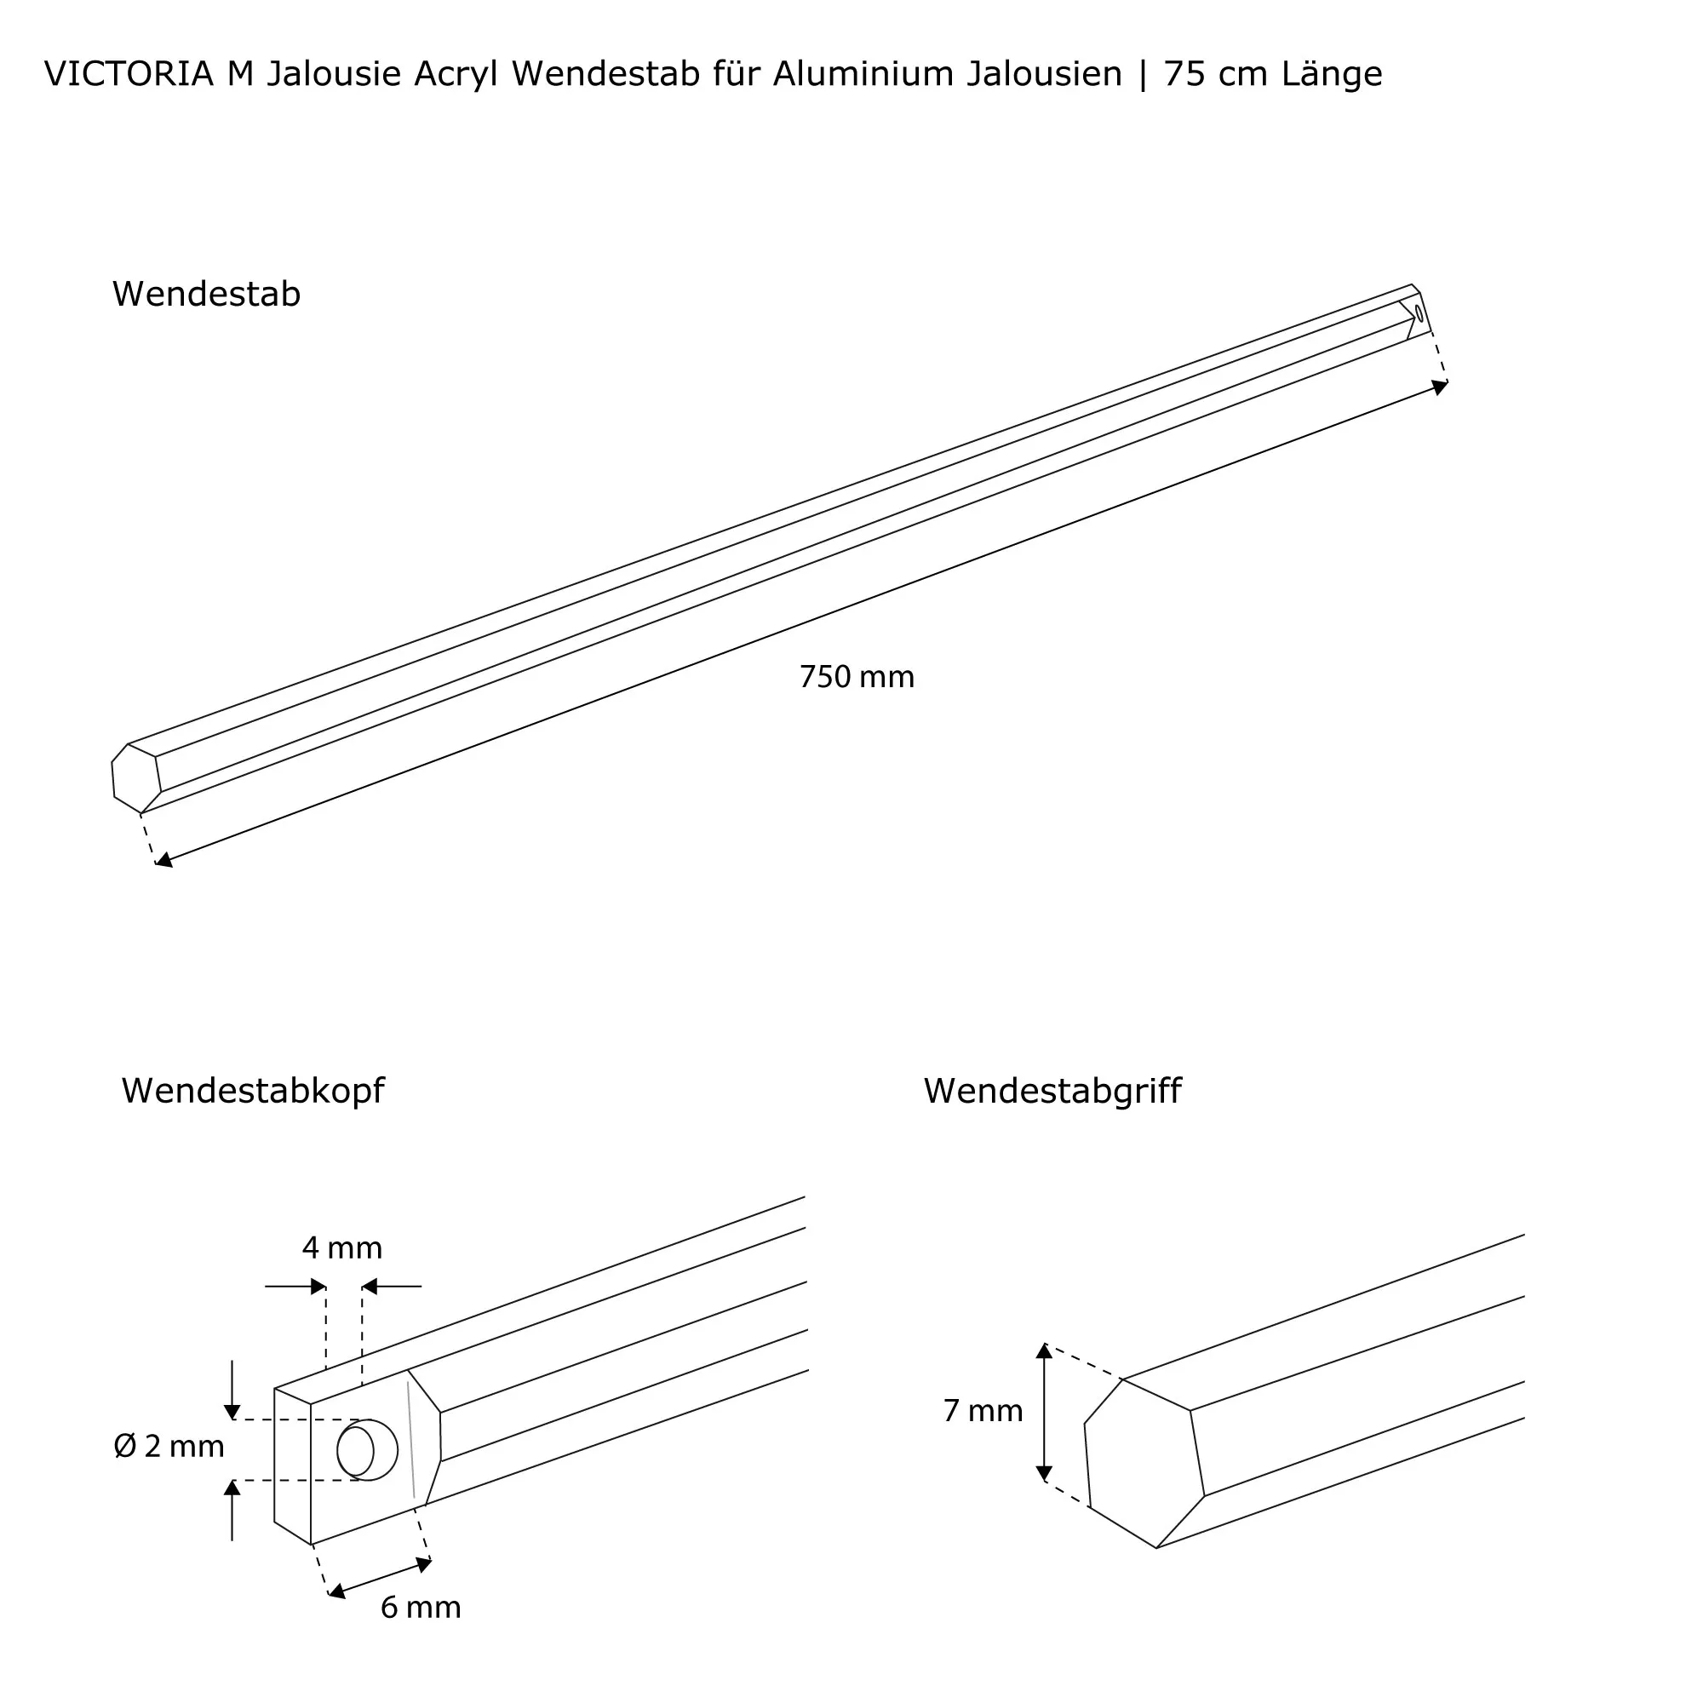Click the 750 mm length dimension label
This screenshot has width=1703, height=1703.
(x=856, y=677)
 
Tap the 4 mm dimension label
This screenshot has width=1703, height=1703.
(x=342, y=1248)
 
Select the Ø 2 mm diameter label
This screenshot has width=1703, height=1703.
(x=169, y=1447)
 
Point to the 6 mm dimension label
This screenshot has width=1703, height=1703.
(x=421, y=1608)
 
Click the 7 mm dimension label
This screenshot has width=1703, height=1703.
(x=983, y=1411)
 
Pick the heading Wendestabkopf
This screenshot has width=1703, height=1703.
(x=253, y=1092)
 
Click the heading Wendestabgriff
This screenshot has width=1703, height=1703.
(x=1052, y=1092)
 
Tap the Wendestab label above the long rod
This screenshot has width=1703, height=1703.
(x=206, y=295)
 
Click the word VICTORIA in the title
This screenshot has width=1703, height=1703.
(x=129, y=75)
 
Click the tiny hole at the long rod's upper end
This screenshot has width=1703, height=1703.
(x=1419, y=313)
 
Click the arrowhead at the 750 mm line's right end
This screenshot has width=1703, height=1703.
(x=1438, y=387)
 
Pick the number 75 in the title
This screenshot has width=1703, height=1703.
(x=1183, y=75)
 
